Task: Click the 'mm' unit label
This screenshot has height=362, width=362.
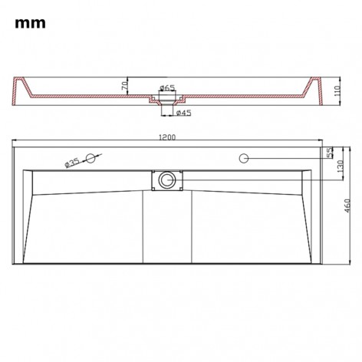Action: [29, 23]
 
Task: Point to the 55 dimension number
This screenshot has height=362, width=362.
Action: [331, 153]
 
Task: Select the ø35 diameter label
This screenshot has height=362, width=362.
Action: [73, 162]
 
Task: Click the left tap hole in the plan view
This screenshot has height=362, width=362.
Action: [92, 158]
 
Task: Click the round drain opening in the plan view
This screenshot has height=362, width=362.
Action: [165, 181]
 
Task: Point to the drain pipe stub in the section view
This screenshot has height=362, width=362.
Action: [166, 107]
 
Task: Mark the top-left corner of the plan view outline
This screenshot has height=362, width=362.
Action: [14, 147]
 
